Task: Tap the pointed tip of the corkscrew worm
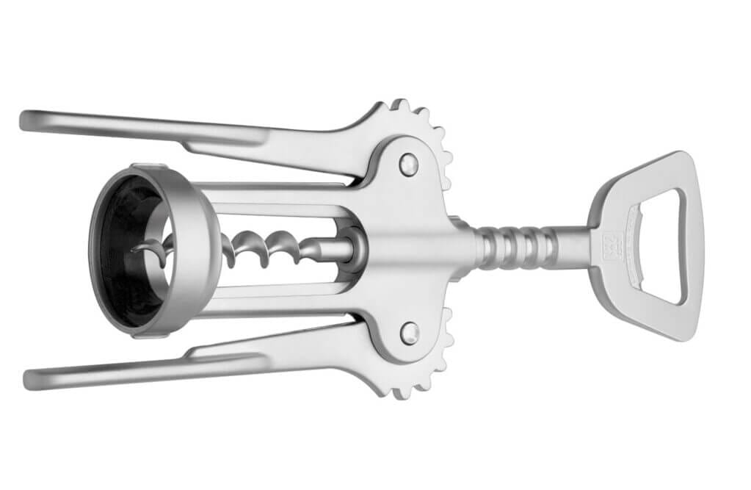(134, 250)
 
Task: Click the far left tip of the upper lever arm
(26, 120)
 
